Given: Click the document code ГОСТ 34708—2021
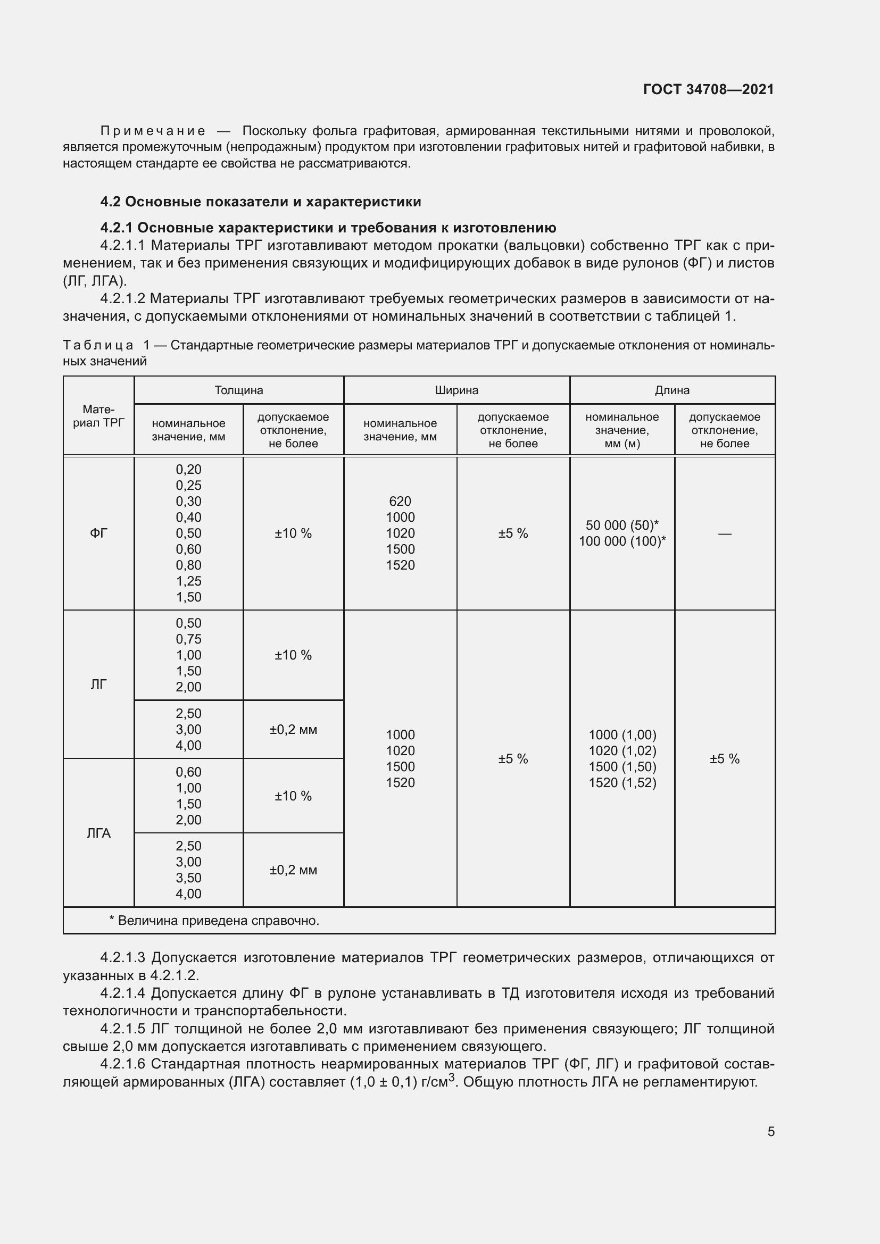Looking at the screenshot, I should click(x=708, y=89).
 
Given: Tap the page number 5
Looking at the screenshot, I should click(x=770, y=1131).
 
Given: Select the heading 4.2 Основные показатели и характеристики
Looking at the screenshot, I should click(x=261, y=202).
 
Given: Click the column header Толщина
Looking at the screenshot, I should click(x=238, y=390).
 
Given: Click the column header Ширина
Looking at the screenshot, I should click(x=456, y=390).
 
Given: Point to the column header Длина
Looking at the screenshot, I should click(x=672, y=390).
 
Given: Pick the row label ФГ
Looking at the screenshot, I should click(x=98, y=533).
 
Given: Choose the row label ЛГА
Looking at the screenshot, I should click(x=98, y=833).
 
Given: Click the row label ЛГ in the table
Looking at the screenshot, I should click(x=98, y=684).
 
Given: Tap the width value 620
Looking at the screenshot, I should click(x=400, y=501).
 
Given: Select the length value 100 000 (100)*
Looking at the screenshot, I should click(x=622, y=541).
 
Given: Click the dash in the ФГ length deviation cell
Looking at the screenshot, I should click(x=725, y=533).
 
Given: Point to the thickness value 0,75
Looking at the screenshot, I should click(x=188, y=639).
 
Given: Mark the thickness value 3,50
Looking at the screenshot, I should click(x=188, y=878).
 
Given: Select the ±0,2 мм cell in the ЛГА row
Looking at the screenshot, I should click(x=293, y=870).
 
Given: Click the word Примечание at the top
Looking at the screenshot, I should click(x=153, y=131).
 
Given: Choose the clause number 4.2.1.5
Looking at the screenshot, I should click(x=122, y=1029).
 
